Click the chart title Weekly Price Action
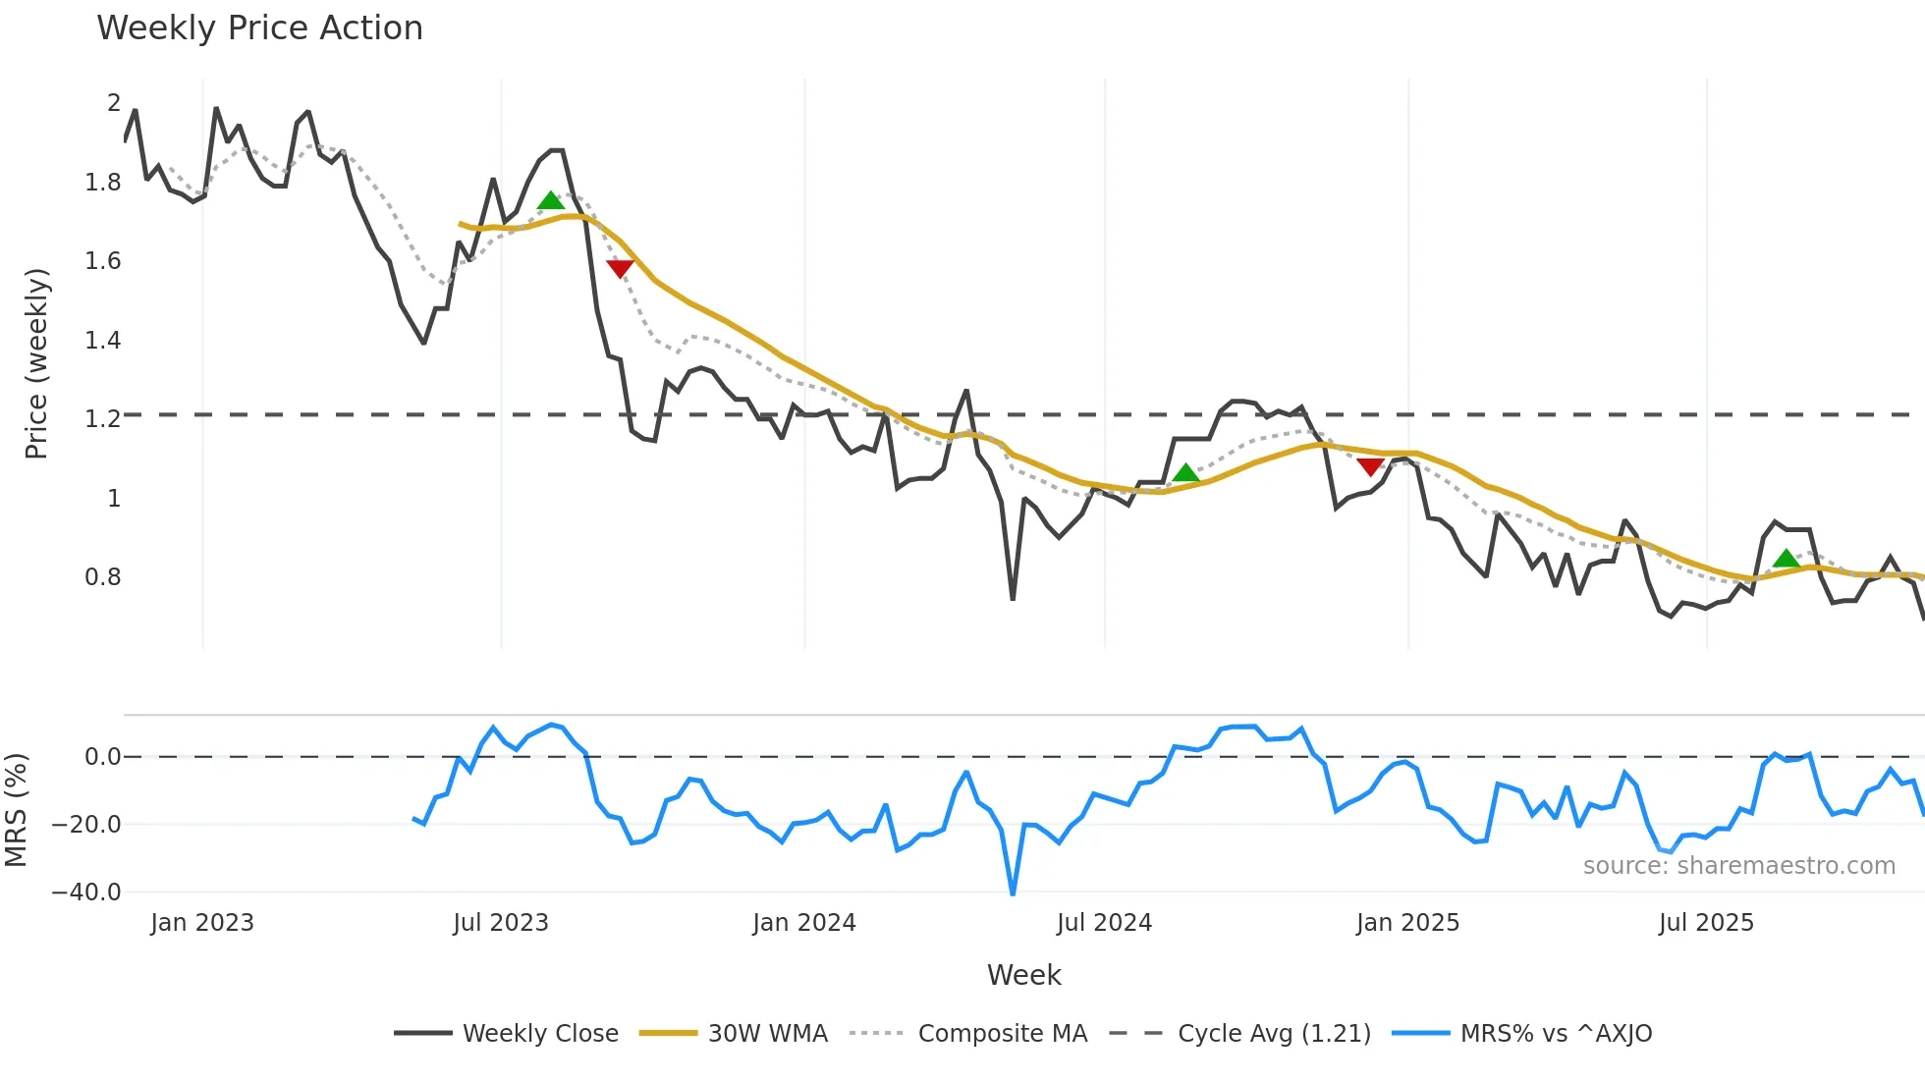point(259,28)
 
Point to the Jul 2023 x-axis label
point(501,923)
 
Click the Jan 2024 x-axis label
point(804,923)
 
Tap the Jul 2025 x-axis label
point(1706,923)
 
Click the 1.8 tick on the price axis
point(103,183)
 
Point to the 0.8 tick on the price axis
point(103,577)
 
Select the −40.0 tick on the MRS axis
point(86,893)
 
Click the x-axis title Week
point(1023,975)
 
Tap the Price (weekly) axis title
point(36,363)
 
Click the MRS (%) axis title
point(16,810)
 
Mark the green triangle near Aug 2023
point(551,201)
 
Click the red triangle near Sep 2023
point(620,268)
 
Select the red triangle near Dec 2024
point(1370,467)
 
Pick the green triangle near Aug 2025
point(1787,560)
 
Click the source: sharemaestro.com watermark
point(1738,866)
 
